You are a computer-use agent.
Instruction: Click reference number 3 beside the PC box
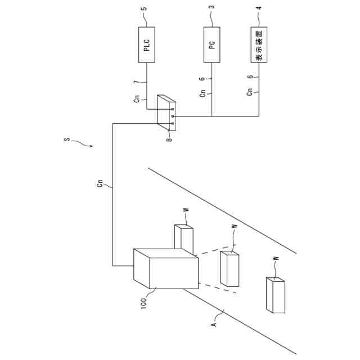coord(211,8)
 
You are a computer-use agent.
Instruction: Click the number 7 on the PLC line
coord(136,83)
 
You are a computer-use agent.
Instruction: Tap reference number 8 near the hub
coord(168,138)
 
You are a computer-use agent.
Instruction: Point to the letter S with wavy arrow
coord(67,139)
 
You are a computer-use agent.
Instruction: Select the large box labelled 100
coord(166,268)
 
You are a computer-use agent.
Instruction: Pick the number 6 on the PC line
coord(202,79)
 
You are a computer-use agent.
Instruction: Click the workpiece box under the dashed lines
coord(229,268)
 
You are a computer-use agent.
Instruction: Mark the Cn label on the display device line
coord(250,92)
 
